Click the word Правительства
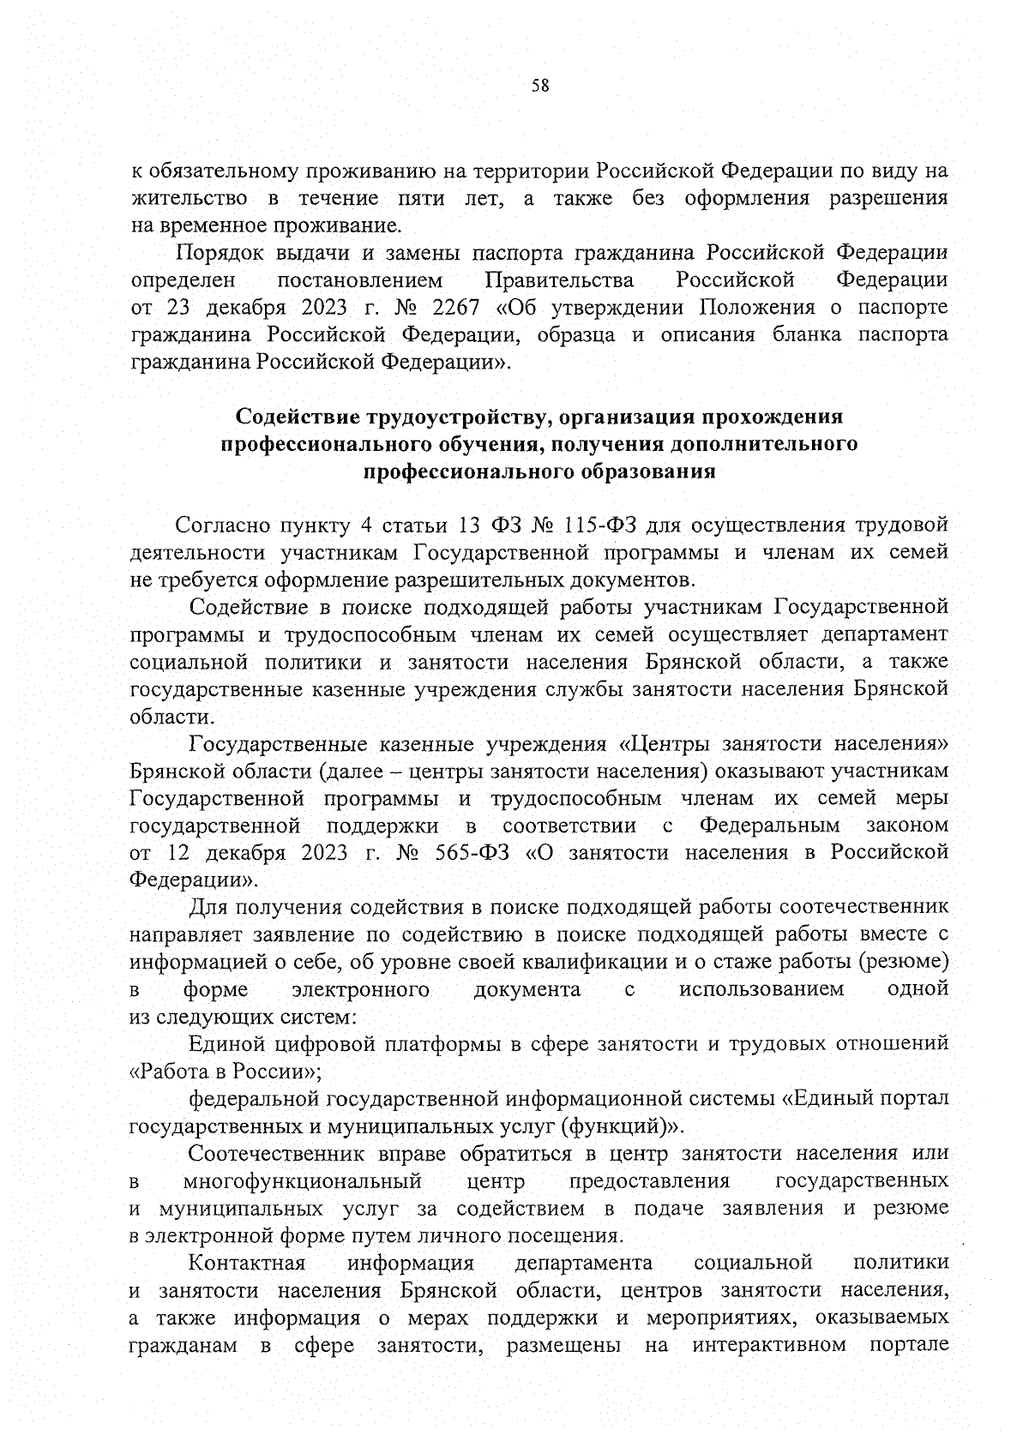[x=559, y=280]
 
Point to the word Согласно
[x=222, y=525]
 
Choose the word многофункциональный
[x=303, y=1180]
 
